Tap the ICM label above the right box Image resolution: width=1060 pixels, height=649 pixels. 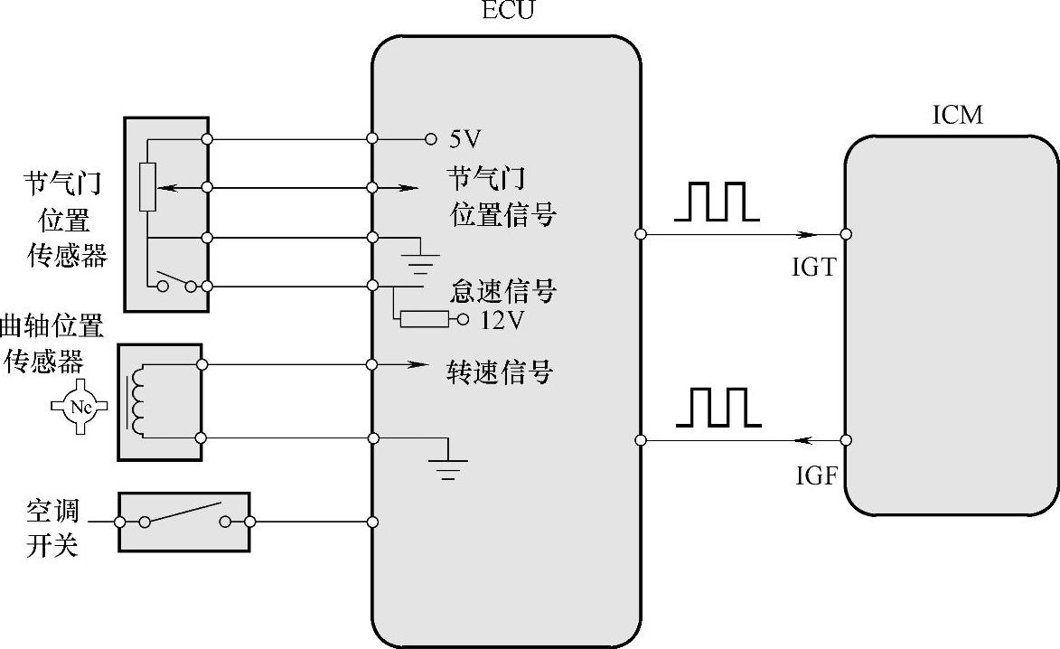[x=956, y=116]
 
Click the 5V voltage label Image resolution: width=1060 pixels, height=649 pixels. [x=464, y=139]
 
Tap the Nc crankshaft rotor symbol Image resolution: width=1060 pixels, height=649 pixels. [x=80, y=408]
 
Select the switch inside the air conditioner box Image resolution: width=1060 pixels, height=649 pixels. [x=184, y=514]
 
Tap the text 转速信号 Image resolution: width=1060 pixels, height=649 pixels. [x=500, y=372]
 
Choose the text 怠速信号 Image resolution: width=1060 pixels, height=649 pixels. [x=502, y=291]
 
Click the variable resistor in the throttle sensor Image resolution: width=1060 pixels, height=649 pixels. [x=147, y=187]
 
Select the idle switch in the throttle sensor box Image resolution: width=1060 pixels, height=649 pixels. [x=177, y=281]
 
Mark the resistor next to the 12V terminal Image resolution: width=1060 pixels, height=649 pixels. [x=424, y=318]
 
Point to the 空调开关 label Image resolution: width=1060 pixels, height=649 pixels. [x=52, y=530]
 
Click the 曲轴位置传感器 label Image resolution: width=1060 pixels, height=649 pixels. [x=52, y=343]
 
